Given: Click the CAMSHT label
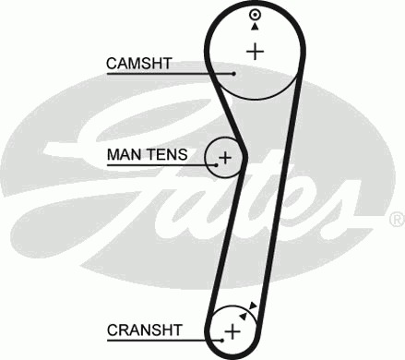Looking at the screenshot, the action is (x=138, y=64).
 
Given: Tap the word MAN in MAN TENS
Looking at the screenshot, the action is (x=123, y=154).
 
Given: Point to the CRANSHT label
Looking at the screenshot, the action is (x=145, y=330).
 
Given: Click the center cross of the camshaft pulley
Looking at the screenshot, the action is (x=256, y=52).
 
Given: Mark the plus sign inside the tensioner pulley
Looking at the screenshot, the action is (x=225, y=158).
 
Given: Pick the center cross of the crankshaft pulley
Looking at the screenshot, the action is (x=232, y=332).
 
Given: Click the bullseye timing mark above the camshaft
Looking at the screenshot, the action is (x=255, y=15).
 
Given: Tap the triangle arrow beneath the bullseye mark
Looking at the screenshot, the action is (x=255, y=27).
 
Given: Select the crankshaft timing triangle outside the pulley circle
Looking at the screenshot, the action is (x=253, y=306).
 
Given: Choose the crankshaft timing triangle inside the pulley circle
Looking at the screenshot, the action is (x=244, y=316).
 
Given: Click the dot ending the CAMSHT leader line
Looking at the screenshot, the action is (x=234, y=74).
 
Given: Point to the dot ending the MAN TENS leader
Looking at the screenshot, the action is (x=217, y=165).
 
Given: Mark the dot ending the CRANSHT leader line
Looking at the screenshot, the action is (x=222, y=341).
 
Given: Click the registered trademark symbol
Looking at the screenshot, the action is (x=397, y=220).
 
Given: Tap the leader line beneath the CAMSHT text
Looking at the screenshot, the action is (x=170, y=74).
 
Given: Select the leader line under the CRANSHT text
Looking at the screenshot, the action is (x=163, y=341).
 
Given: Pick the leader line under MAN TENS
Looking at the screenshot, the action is (x=161, y=165).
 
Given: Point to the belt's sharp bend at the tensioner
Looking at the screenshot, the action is (x=244, y=153).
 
